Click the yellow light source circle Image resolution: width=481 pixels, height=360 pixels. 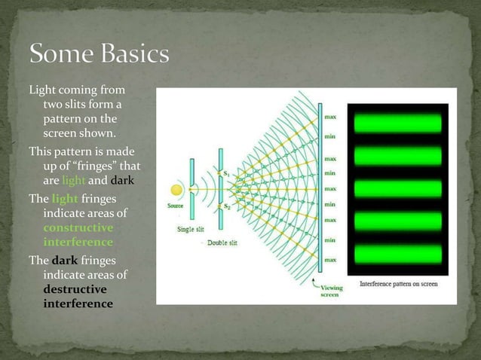(x=177, y=191)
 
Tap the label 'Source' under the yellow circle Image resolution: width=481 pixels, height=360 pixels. (x=176, y=206)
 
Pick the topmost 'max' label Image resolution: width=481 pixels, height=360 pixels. (x=330, y=117)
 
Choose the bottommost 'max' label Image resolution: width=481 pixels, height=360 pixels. (x=330, y=260)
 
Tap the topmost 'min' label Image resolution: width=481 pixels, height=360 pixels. (x=330, y=136)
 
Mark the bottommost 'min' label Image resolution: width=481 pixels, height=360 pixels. (x=330, y=240)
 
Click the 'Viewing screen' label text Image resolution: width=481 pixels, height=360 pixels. (x=331, y=291)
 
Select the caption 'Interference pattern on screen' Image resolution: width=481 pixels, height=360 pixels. (x=397, y=284)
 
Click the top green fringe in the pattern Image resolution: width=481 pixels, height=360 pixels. (x=397, y=122)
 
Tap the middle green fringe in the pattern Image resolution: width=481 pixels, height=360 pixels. (x=397, y=189)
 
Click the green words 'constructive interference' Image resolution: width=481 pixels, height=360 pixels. (x=78, y=235)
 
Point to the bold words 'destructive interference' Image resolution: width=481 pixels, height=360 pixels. (x=78, y=296)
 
